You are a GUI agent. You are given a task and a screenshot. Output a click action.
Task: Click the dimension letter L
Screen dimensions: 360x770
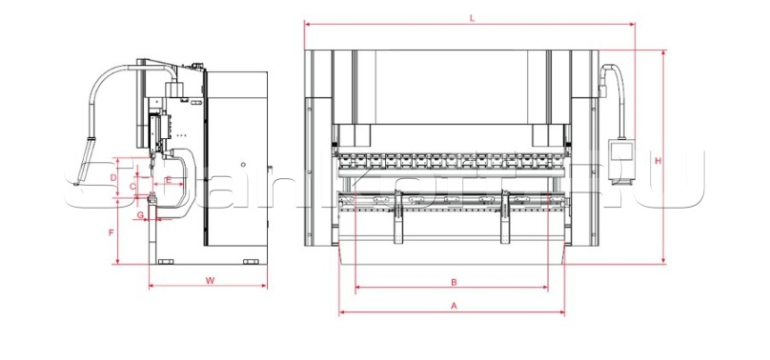(x=473, y=17)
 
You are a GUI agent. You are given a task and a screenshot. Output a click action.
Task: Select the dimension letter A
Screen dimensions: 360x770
(x=455, y=306)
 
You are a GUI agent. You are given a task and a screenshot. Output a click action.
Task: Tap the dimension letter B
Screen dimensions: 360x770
(x=455, y=281)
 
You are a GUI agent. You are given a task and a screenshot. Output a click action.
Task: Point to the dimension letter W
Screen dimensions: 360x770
(x=209, y=280)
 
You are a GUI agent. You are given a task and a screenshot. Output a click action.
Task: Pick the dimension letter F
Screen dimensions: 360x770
(x=111, y=232)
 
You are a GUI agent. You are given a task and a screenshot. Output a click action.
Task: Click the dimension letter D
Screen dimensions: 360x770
(x=112, y=178)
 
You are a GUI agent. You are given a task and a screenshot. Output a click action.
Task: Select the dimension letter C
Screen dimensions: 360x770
(x=132, y=186)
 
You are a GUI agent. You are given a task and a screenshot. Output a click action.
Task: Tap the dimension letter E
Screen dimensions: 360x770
(x=168, y=180)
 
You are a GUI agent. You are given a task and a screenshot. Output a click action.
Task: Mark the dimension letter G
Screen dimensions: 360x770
(x=141, y=216)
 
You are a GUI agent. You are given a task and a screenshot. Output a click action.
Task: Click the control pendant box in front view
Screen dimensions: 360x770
(x=624, y=150)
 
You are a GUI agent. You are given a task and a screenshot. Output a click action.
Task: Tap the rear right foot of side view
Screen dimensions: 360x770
(x=252, y=262)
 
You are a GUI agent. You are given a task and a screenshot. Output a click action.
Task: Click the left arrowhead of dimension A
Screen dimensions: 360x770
(x=341, y=312)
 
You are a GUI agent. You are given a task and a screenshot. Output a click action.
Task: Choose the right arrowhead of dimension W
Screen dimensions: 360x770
(x=267, y=286)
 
